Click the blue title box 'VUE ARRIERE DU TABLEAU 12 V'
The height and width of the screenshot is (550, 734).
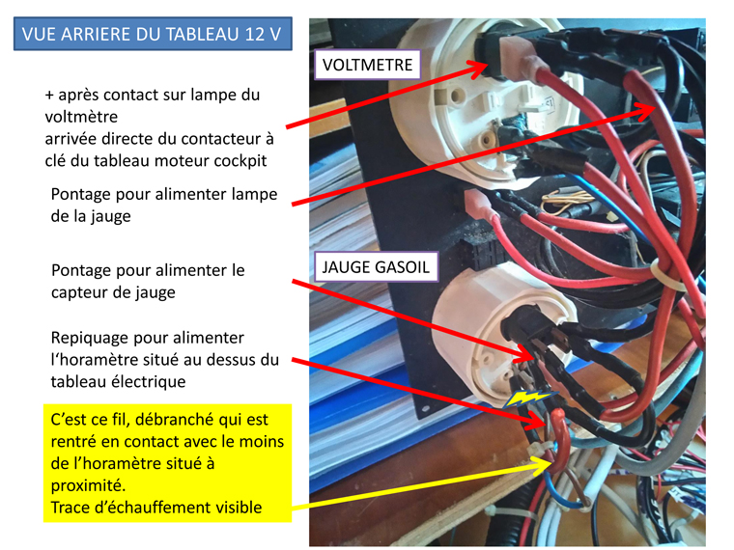click(x=153, y=34)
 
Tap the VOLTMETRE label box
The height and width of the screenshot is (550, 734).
click(x=367, y=65)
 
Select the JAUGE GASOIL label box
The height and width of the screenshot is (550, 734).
click(x=376, y=266)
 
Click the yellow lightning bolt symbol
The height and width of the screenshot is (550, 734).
click(x=531, y=398)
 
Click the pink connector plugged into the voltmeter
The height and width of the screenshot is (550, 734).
click(x=519, y=58)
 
